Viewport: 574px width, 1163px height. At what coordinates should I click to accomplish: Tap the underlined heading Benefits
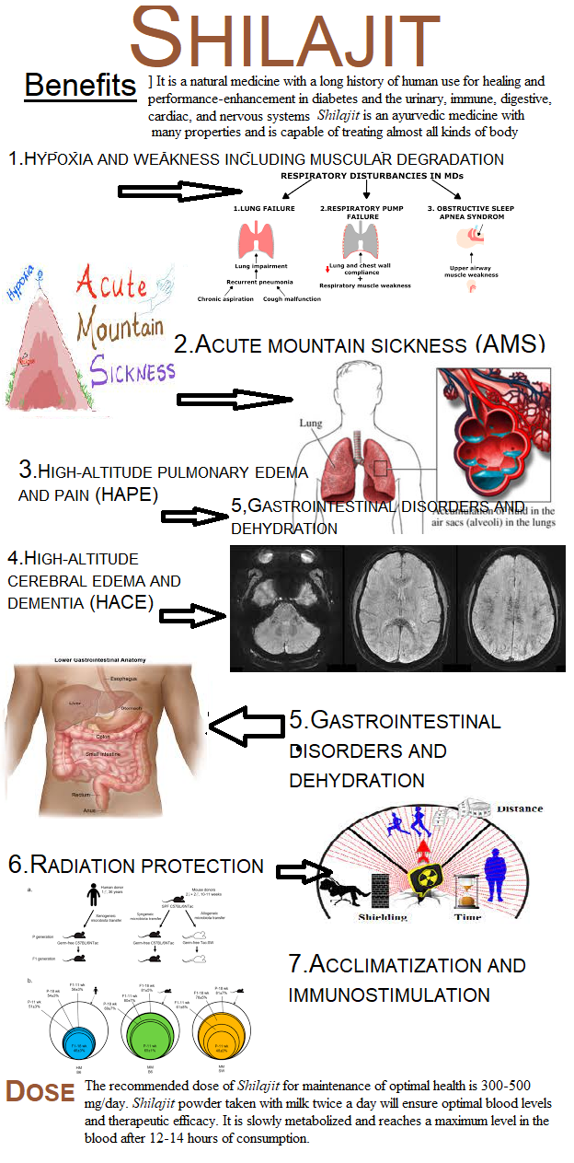[80, 86]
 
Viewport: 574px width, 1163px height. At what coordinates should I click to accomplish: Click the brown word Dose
[40, 1092]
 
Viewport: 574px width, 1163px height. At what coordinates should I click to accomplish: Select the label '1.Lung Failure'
[263, 209]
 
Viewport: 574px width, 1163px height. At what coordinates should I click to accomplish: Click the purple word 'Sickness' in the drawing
[132, 371]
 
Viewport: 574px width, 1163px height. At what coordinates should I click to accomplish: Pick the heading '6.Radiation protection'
[135, 866]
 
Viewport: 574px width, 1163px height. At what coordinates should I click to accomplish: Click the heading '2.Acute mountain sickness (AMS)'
[360, 344]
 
